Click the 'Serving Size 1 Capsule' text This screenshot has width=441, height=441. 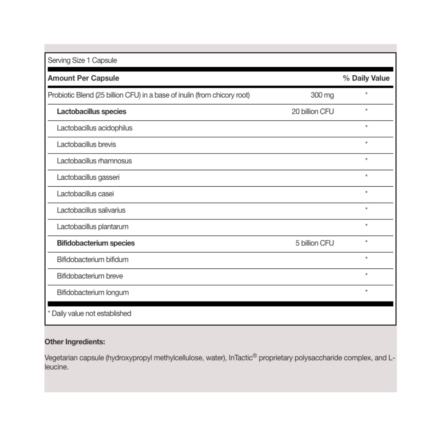click(82, 60)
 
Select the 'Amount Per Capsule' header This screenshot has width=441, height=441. click(83, 78)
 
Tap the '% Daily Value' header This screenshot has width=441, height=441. click(366, 78)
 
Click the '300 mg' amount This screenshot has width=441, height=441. click(322, 95)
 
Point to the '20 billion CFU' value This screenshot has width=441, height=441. click(313, 112)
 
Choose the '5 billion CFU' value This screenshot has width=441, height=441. click(314, 243)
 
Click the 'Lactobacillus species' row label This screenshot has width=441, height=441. click(91, 112)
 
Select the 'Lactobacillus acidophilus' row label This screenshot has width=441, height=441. click(95, 128)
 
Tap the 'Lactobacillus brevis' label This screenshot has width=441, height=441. click(86, 144)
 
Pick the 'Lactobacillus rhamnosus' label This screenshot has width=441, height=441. click(94, 161)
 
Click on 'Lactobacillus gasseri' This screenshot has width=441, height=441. click(88, 177)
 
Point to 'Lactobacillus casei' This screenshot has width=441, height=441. click(85, 194)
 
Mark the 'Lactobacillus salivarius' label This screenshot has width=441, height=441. click(91, 210)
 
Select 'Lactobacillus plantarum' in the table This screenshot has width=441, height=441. click(92, 227)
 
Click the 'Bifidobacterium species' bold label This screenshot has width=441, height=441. click(96, 243)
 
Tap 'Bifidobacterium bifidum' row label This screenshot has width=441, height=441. click(92, 260)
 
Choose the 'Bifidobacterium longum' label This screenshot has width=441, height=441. click(93, 292)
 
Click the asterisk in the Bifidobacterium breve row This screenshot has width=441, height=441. click(366, 275)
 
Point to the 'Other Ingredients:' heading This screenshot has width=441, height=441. click(75, 342)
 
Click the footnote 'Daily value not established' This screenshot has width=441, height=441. click(91, 313)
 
